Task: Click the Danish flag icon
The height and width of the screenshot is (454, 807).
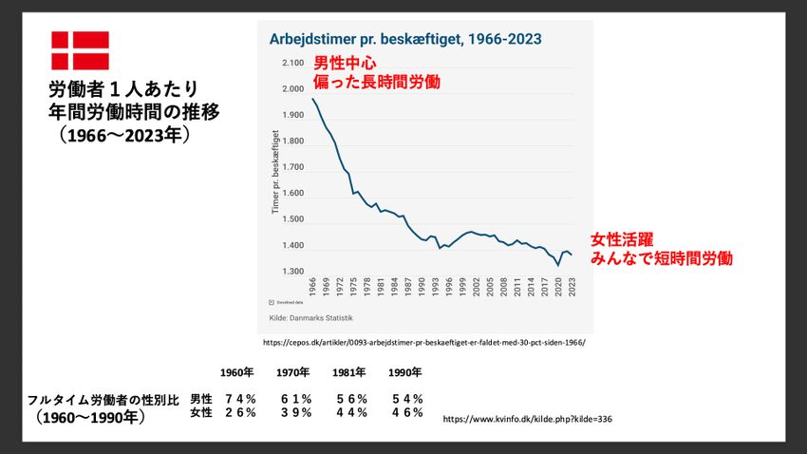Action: pyautogui.click(x=80, y=50)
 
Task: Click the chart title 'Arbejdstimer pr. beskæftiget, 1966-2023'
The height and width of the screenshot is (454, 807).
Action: pyautogui.click(x=406, y=39)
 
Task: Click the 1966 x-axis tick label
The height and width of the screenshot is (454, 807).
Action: pyautogui.click(x=312, y=286)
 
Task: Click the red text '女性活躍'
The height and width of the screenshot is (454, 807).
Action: pyautogui.click(x=622, y=238)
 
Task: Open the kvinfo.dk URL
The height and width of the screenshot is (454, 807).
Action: pyautogui.click(x=527, y=418)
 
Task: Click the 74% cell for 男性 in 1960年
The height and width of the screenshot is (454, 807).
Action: pyautogui.click(x=240, y=399)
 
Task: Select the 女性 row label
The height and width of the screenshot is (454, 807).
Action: pyautogui.click(x=201, y=412)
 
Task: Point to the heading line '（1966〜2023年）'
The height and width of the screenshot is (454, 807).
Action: pyautogui.click(x=124, y=135)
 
